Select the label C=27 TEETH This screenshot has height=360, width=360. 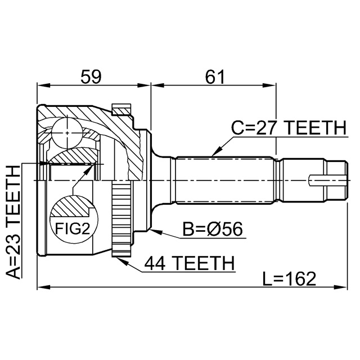[x=289, y=128]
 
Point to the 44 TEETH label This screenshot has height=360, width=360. [x=188, y=262]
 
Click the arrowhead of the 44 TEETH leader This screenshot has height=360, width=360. [x=119, y=258]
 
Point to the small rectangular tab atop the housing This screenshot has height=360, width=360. [x=121, y=109]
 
